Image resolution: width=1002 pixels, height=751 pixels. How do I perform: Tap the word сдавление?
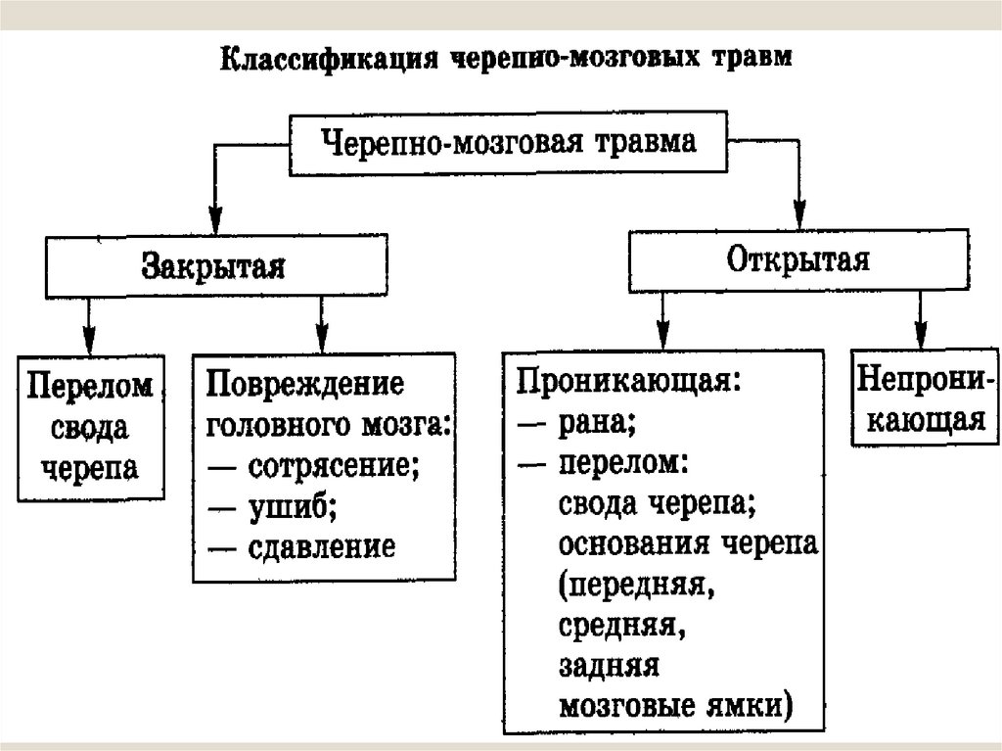tap(322, 546)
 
